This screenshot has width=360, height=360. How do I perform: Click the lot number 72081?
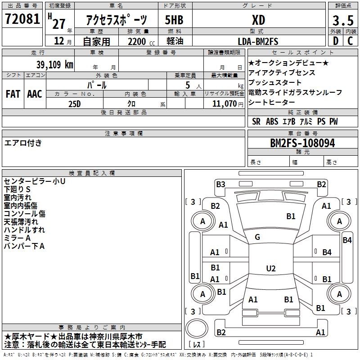(x=22, y=19)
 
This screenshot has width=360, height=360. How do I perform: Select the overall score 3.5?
(x=343, y=21)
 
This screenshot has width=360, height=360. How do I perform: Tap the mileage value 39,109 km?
(x=54, y=65)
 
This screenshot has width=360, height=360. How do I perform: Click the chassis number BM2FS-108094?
(x=302, y=143)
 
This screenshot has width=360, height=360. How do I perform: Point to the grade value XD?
(x=259, y=20)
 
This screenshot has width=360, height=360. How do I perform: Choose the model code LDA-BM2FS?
(x=258, y=41)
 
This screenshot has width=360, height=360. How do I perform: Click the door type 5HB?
(x=174, y=20)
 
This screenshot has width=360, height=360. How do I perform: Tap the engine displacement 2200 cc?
(x=141, y=41)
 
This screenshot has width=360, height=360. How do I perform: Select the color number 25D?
(x=75, y=104)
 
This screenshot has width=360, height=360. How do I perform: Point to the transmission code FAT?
(x=13, y=94)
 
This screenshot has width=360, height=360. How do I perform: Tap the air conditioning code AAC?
(x=35, y=94)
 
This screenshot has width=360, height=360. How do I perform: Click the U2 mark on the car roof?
(x=271, y=268)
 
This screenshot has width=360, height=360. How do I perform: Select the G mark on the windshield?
(x=257, y=237)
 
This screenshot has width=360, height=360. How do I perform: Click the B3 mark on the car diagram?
(x=220, y=184)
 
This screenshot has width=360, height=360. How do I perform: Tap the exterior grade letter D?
(x=336, y=41)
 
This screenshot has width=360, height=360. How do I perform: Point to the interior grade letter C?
(x=350, y=41)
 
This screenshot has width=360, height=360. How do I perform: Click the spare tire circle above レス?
(x=197, y=328)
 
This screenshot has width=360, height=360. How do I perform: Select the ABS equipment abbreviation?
(x=272, y=121)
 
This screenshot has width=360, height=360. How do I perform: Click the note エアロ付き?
(x=23, y=143)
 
